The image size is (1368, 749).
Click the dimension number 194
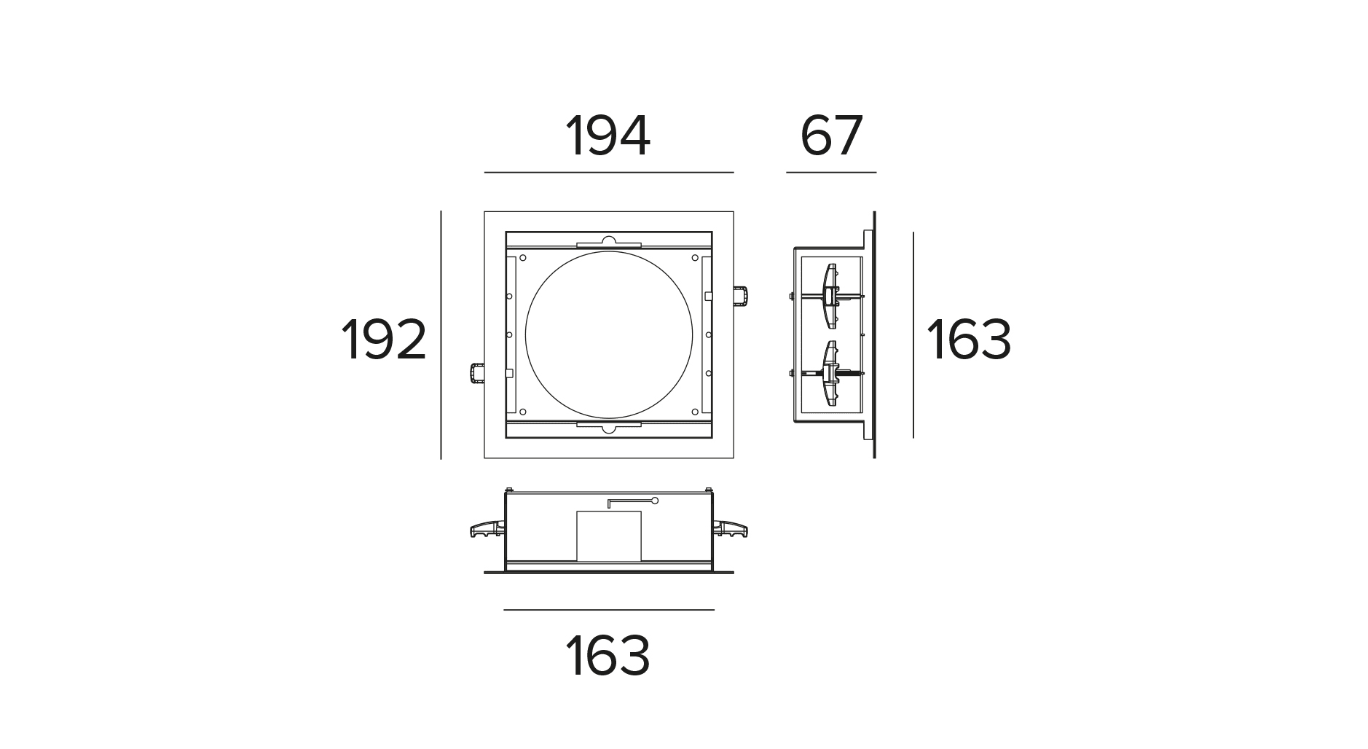pos(608,136)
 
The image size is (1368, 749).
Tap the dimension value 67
pos(831,136)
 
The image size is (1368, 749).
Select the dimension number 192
pos(383,340)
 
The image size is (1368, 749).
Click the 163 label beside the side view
pos(968,340)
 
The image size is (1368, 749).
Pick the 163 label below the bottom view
pos(608,656)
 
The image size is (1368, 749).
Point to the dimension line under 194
pos(608,173)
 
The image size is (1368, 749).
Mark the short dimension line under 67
pos(831,173)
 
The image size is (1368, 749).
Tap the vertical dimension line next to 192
pos(441,335)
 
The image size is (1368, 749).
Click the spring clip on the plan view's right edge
pos(742,297)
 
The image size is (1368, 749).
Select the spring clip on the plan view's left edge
pos(476,373)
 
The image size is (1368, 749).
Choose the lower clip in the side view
pos(830,373)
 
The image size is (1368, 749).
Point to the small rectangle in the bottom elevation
pos(609,536)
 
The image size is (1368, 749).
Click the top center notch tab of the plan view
pos(608,242)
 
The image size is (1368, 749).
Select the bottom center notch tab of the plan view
pos(608,426)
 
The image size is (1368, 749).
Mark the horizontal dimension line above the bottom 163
pos(608,610)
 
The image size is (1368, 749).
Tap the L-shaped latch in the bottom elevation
pos(632,501)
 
